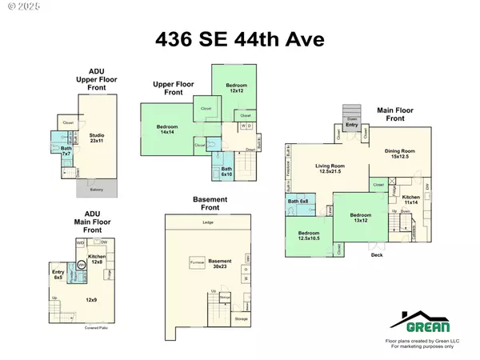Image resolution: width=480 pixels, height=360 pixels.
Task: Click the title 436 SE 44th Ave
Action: (x=240, y=38)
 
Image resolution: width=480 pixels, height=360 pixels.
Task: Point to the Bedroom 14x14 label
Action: (x=166, y=130)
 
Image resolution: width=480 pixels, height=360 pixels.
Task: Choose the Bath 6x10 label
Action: (x=227, y=170)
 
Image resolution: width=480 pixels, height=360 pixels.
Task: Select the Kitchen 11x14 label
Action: (x=411, y=199)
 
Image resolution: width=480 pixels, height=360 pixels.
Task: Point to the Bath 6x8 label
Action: (x=298, y=201)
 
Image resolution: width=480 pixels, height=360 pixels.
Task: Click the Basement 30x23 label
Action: (x=220, y=263)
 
